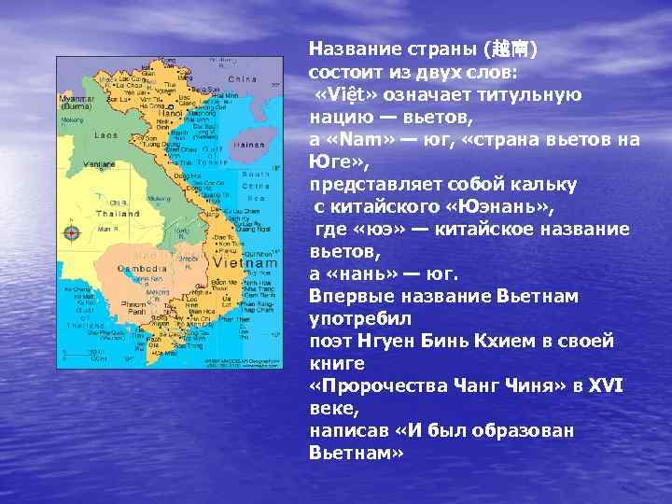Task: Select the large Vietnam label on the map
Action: click(x=244, y=263)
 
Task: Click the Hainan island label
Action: click(x=242, y=146)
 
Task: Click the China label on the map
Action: click(x=242, y=79)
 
